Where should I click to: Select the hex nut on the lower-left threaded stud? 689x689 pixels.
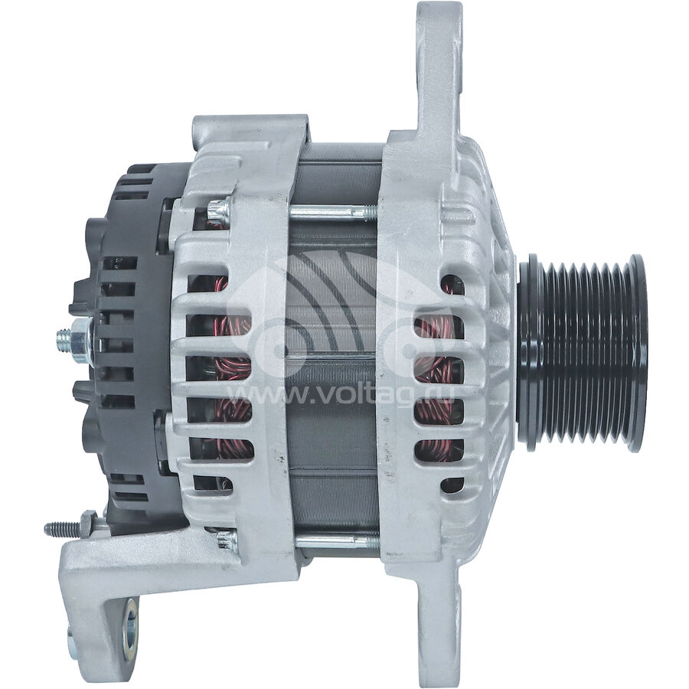pyautogui.click(x=87, y=524)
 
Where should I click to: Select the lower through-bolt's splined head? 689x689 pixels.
pyautogui.click(x=226, y=540)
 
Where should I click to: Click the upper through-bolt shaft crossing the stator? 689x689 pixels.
pyautogui.click(x=329, y=209)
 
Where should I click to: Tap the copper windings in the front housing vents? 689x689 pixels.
pyautogui.click(x=436, y=367)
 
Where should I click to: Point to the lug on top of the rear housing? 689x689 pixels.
pyautogui.click(x=253, y=134)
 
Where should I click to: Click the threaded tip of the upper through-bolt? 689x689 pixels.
pyautogui.click(x=373, y=208)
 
